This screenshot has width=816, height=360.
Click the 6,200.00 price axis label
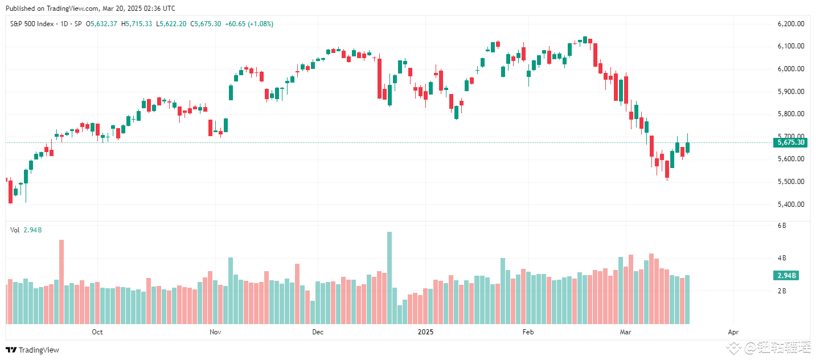(x=790, y=24)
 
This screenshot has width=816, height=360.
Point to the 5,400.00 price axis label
(x=790, y=204)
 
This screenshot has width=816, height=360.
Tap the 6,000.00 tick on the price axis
(x=790, y=69)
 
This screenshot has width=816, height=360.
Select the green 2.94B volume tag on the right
(x=785, y=276)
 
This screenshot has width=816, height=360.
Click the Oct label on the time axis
(x=97, y=332)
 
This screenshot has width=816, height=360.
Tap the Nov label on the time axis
(x=215, y=332)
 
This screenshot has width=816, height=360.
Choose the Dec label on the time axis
(x=317, y=332)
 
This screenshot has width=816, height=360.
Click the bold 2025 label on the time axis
(x=426, y=332)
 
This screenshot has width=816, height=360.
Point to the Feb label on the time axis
(x=528, y=332)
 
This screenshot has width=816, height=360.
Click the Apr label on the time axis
(x=733, y=332)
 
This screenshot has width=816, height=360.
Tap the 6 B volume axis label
(x=782, y=226)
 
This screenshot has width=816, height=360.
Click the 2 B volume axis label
(x=782, y=291)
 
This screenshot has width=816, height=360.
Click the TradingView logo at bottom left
(x=32, y=350)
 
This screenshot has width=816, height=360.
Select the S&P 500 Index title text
(x=33, y=24)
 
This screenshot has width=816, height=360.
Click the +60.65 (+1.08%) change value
(x=249, y=24)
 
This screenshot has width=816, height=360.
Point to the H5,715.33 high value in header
(x=137, y=24)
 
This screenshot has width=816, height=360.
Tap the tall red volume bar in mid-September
(x=61, y=282)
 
